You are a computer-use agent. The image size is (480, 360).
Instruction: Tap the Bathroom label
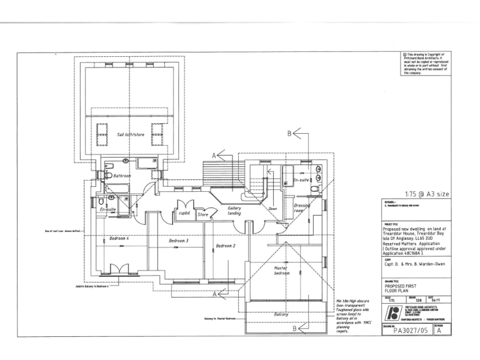coord(122,176)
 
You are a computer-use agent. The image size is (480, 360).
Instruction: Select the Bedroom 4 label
coord(118,238)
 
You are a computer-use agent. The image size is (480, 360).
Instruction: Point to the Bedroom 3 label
coord(178,241)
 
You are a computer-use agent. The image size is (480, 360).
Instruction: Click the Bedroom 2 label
coord(225,246)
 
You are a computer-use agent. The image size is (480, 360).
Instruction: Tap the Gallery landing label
coord(234,211)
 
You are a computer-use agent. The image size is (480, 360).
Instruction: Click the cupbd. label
coord(184,212)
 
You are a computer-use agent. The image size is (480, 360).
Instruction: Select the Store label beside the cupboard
coord(202,214)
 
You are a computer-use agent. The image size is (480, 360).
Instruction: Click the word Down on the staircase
coord(272,209)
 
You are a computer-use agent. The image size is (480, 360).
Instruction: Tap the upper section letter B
coord(289,133)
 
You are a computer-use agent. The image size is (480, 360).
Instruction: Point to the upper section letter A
coord(214,154)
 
